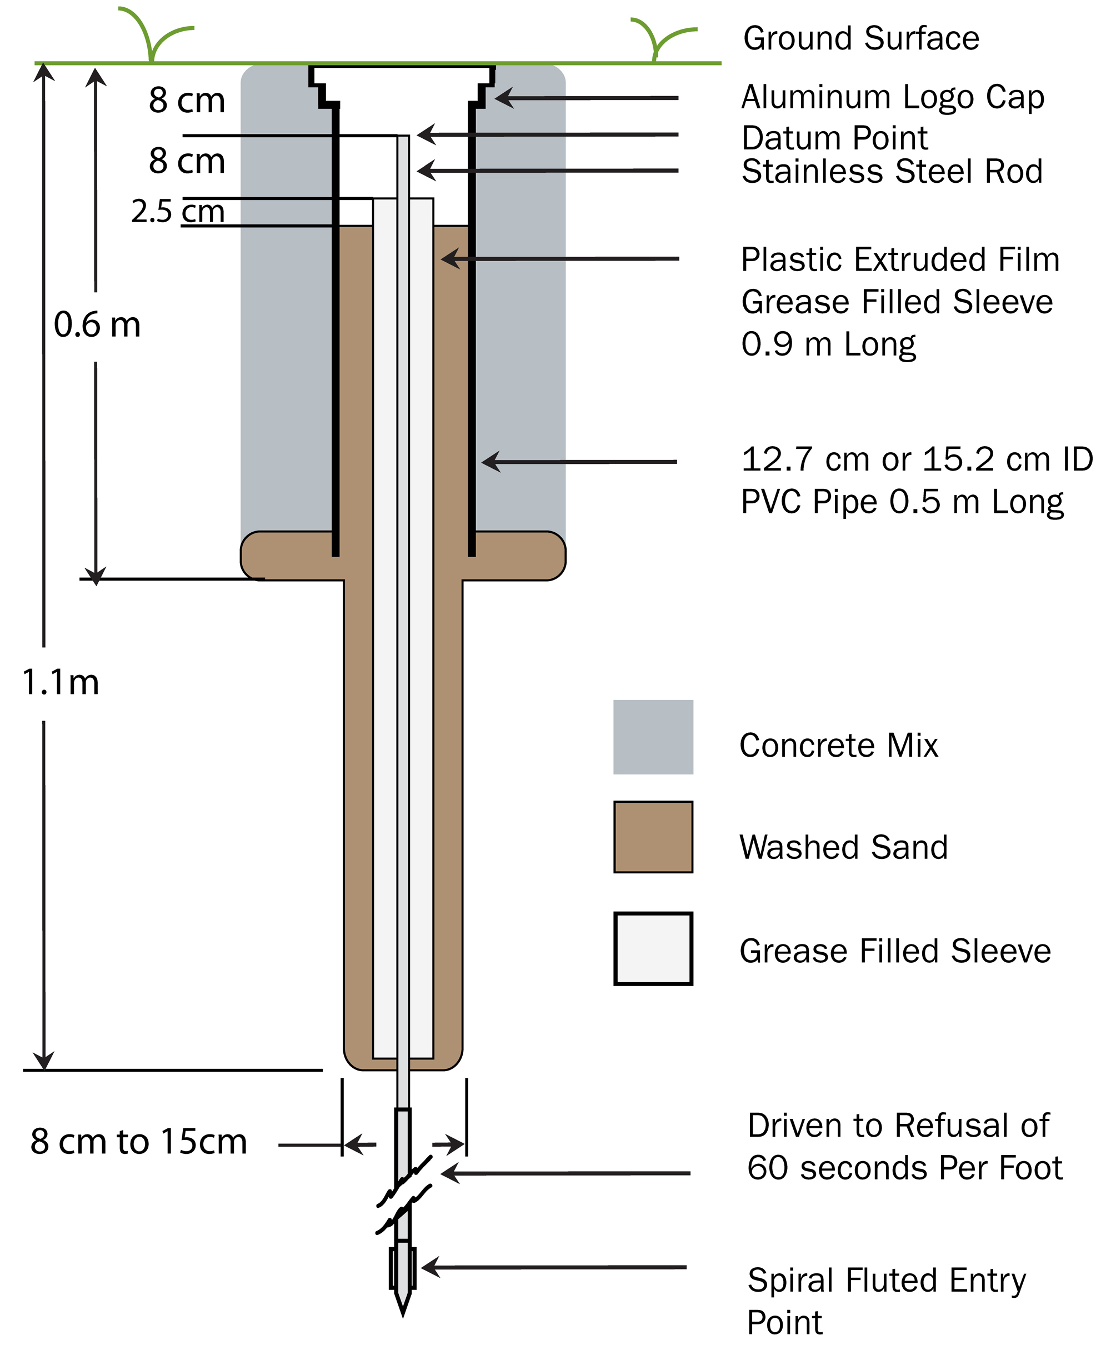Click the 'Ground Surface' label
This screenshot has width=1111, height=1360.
(861, 38)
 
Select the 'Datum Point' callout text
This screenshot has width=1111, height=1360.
(834, 138)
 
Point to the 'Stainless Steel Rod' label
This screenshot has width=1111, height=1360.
(892, 172)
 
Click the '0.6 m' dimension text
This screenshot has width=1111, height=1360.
(97, 324)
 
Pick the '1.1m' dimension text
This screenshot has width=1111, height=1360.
(61, 682)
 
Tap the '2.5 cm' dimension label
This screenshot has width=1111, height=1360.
(178, 211)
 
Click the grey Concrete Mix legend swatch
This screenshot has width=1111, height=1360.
(653, 737)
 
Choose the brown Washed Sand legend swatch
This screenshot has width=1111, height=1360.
(653, 837)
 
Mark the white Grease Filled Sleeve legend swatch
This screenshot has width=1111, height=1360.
(653, 948)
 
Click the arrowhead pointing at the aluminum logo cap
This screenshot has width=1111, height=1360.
(504, 98)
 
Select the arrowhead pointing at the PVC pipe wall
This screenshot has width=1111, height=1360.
(491, 462)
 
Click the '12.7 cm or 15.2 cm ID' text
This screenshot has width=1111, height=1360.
(917, 459)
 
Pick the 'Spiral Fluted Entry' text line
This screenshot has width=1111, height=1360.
(887, 1281)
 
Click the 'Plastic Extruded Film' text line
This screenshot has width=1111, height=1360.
(900, 260)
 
